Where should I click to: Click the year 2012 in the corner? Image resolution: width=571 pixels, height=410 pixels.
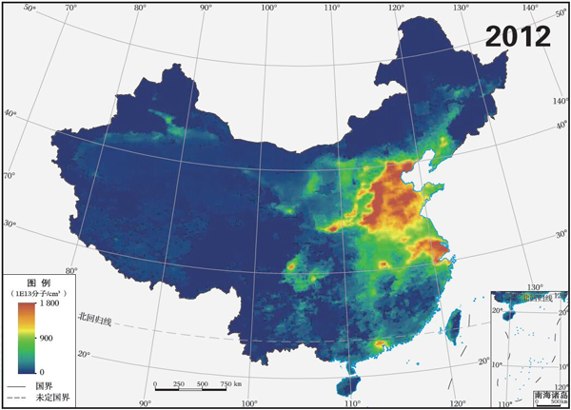coord(518,36)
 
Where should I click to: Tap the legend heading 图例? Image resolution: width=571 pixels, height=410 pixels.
coord(38,283)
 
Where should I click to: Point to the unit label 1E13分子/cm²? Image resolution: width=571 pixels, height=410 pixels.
coord(38,294)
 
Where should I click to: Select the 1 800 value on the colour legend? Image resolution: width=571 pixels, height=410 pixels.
coord(49,305)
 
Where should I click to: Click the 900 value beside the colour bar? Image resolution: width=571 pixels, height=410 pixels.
coord(46,338)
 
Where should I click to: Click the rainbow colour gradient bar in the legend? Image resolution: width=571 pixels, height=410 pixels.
coord(25,338)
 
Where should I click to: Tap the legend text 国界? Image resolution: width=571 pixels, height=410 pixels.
coord(43,385)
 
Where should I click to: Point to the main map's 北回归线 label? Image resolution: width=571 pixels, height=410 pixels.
coord(95,318)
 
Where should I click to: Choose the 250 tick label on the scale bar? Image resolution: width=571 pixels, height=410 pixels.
coord(178,384)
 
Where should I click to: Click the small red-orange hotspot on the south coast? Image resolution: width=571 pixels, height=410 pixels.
coord(382,343)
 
